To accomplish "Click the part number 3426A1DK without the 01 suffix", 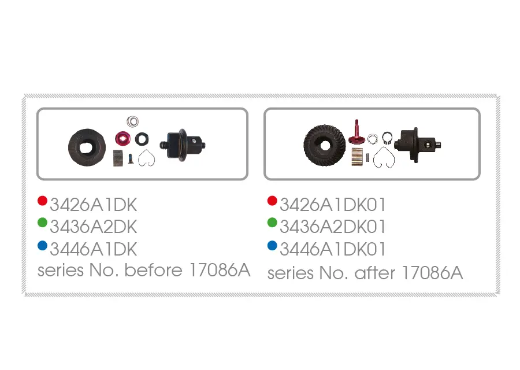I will pos(93,204).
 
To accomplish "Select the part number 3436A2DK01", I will pos(332,227).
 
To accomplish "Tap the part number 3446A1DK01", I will pos(332,249).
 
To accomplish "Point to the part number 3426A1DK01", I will pos(332,204).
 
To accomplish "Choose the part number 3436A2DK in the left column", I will pos(93,227).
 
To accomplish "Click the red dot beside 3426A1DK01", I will pos(272,201).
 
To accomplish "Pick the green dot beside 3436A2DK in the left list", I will pos(42,223).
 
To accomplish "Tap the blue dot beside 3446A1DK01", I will pos(272,246).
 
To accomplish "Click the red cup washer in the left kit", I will pos(122,138).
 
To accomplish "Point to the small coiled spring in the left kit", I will pos(133,121).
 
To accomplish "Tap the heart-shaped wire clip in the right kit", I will pos(382,157).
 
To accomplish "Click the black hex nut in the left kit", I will pos(141,139).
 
